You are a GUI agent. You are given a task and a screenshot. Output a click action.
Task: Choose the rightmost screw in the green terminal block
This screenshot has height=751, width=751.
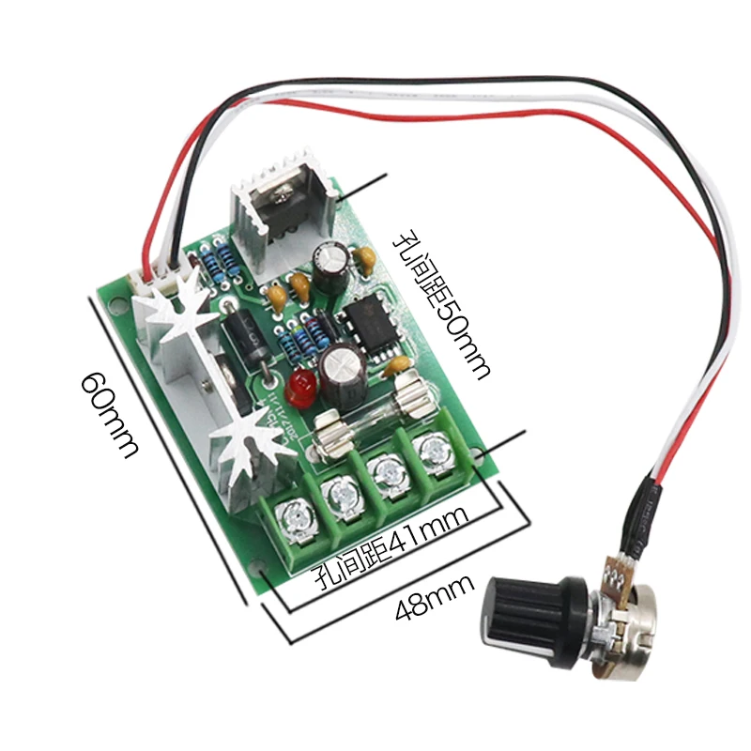pos(433,450)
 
